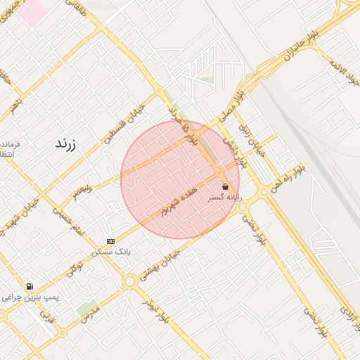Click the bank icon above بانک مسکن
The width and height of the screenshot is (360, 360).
click(110, 240)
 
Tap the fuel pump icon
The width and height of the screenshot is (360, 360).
click(30, 287)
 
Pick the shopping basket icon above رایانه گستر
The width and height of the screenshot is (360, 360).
click(225, 187)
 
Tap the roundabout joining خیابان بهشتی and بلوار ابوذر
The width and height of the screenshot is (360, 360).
click(130, 281)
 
